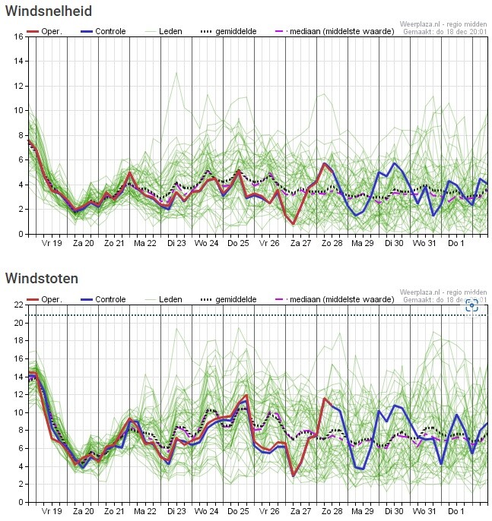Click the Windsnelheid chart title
(x=49, y=11)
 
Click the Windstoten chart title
(x=41, y=278)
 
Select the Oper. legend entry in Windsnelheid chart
(x=46, y=31)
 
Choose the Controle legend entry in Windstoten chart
(x=105, y=299)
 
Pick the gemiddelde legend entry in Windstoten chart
(x=228, y=299)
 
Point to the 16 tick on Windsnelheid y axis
(x=18, y=36)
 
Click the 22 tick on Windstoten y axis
(x=18, y=305)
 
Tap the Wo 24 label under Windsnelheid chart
(x=206, y=244)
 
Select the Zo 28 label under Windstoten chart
(x=331, y=512)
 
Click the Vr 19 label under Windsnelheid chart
(x=51, y=244)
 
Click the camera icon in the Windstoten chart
(x=471, y=305)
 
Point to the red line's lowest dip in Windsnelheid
(x=294, y=224)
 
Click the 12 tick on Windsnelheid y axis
(x=18, y=86)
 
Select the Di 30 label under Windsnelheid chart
(x=393, y=244)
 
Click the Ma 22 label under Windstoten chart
(x=144, y=512)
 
